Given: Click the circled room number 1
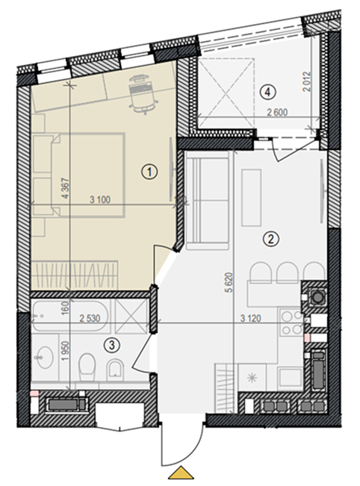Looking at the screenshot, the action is [x=150, y=172].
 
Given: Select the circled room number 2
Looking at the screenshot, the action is [x=271, y=239].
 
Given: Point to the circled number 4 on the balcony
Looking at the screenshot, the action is [x=268, y=92].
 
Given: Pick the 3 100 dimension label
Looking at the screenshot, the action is [x=100, y=199].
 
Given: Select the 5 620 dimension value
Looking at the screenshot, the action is [x=230, y=282].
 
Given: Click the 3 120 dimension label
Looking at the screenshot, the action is [x=250, y=318].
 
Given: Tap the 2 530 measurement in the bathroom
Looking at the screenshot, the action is [x=90, y=318].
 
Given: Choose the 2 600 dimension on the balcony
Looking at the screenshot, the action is [x=278, y=112].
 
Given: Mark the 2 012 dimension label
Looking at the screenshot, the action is [x=306, y=82].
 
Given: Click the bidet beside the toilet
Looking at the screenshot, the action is [x=115, y=370].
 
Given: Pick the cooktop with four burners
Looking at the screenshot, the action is [x=291, y=323].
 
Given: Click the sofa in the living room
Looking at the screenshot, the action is [x=207, y=201].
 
